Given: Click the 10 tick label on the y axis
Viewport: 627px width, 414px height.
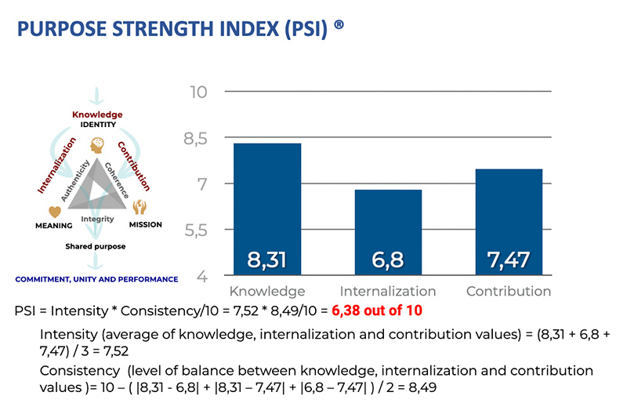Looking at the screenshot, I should pos(198,93).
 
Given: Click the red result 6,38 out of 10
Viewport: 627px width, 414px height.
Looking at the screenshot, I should pos(376,310).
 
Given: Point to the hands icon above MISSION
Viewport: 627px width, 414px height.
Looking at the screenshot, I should pos(140,208).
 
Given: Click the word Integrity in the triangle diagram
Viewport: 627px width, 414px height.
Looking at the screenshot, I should pos(98,219).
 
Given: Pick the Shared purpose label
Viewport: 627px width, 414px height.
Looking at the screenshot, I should pos(96,246).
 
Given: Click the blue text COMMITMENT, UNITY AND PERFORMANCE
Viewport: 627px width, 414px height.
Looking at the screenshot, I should pos(96,278).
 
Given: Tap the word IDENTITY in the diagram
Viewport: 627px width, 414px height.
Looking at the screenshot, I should pos(98,125).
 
